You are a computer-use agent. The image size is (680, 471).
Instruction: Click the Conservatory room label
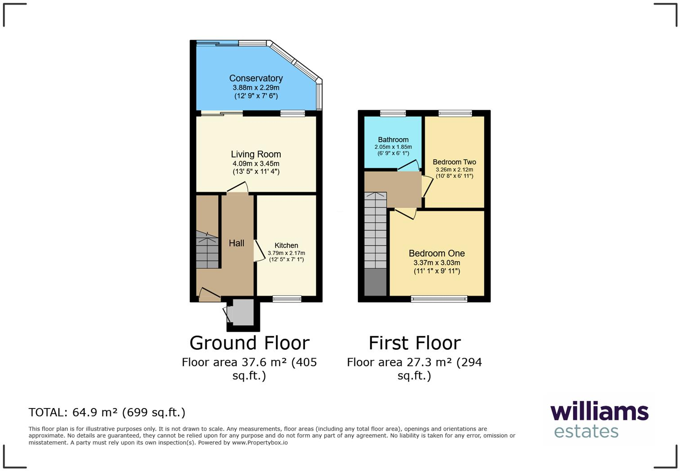(x=256, y=78)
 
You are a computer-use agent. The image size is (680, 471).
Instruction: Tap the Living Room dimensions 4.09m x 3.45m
(x=256, y=164)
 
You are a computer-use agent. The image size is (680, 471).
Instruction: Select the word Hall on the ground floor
(x=237, y=243)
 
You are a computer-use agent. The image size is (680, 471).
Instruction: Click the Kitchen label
(x=286, y=245)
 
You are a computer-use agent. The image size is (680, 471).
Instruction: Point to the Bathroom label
(x=393, y=140)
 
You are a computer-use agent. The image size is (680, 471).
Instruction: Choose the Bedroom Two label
(x=454, y=162)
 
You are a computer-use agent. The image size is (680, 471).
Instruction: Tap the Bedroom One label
(x=437, y=253)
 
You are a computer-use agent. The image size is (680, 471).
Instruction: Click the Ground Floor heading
(x=250, y=343)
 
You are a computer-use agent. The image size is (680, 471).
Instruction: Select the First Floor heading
(x=415, y=343)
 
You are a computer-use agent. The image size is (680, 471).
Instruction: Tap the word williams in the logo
(x=599, y=412)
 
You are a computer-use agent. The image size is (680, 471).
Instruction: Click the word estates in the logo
(x=586, y=431)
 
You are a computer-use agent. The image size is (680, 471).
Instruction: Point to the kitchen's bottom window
(x=287, y=299)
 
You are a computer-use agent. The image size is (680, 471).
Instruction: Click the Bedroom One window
(x=439, y=299)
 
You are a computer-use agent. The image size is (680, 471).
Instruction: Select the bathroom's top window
(x=393, y=113)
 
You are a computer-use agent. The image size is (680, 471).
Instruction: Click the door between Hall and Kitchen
(x=258, y=251)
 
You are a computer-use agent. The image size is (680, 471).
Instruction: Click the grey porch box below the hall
(x=243, y=312)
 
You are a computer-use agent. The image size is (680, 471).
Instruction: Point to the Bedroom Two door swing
(x=427, y=186)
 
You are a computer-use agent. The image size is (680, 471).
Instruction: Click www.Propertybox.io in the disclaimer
(x=259, y=443)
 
